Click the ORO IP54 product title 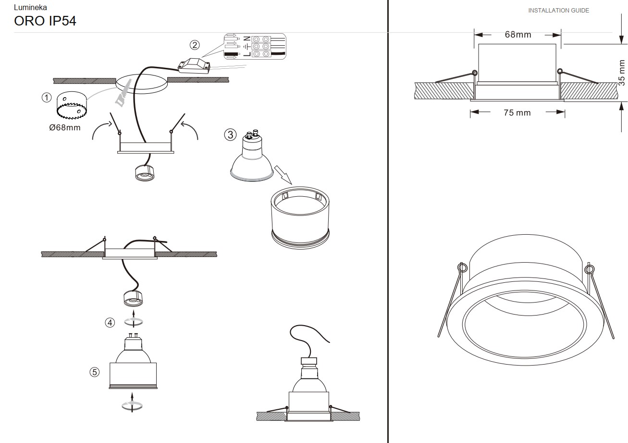point(45,21)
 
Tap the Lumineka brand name point(30,7)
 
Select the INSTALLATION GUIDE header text point(558,11)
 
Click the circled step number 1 point(47,98)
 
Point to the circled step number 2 point(195,45)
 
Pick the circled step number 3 point(230,135)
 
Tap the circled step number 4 point(110,323)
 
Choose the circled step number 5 point(95,372)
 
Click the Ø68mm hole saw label point(65,128)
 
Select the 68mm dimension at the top point(518,35)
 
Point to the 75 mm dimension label point(517,113)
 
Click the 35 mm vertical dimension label point(622,73)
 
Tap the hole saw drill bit point(72,105)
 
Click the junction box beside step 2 point(194,66)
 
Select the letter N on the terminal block point(246,39)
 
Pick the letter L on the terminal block point(246,53)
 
